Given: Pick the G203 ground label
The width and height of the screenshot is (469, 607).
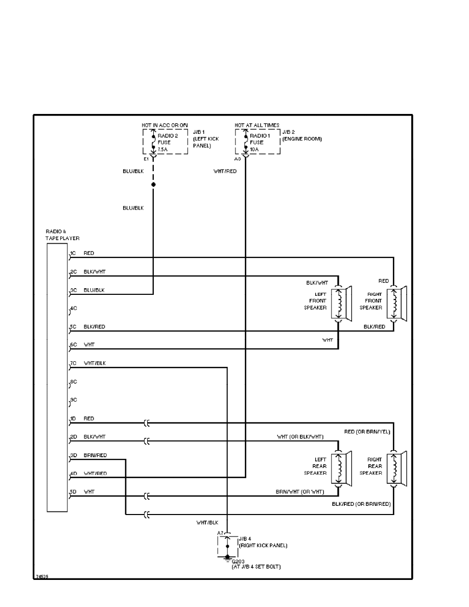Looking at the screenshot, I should pyautogui.click(x=238, y=561).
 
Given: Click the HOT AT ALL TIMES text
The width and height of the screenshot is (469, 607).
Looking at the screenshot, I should pyautogui.click(x=257, y=125).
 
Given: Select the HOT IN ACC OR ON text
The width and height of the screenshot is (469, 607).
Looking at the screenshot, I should pyautogui.click(x=164, y=125).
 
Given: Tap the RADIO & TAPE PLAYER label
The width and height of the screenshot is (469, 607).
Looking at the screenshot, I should pyautogui.click(x=62, y=235).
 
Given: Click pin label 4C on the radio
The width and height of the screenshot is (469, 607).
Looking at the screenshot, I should pyautogui.click(x=73, y=308).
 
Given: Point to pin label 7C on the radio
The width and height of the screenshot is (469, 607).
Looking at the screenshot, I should pyautogui.click(x=73, y=363).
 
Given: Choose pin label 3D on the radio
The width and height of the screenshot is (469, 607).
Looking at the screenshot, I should pyautogui.click(x=73, y=455).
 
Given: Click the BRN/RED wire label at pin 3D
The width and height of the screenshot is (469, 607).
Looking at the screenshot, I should pyautogui.click(x=96, y=455).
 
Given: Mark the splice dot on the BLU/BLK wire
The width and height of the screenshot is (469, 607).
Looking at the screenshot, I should pyautogui.click(x=153, y=184).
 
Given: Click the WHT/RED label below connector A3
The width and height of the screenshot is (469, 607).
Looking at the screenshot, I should pyautogui.click(x=225, y=171).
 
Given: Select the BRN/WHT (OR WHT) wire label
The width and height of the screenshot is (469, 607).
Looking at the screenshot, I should pyautogui.click(x=300, y=492).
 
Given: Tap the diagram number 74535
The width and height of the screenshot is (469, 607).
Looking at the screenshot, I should pyautogui.click(x=42, y=576).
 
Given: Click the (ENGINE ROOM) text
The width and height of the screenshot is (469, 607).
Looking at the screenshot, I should pyautogui.click(x=302, y=139).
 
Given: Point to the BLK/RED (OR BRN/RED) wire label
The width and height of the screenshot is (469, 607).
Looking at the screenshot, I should pyautogui.click(x=361, y=504).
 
